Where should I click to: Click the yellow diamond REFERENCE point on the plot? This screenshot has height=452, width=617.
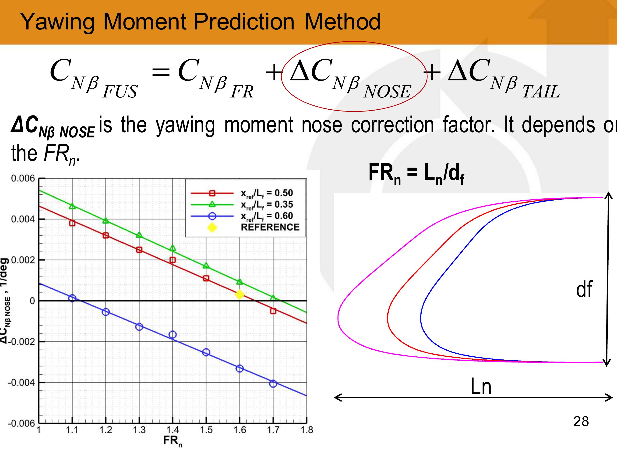(239, 295)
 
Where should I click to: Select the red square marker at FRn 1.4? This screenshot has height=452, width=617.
(173, 260)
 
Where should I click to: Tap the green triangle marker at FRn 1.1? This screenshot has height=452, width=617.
(72, 206)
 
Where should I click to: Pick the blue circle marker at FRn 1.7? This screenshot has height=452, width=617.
(273, 384)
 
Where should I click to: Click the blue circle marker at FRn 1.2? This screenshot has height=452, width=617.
(106, 312)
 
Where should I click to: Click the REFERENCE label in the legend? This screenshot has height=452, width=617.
(270, 227)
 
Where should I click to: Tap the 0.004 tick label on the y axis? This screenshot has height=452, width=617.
(23, 219)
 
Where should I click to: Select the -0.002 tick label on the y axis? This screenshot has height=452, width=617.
(21, 342)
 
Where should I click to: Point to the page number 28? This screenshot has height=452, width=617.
(581, 422)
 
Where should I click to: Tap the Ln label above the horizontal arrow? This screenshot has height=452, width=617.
(481, 387)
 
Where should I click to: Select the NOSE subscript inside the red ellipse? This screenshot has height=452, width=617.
(387, 91)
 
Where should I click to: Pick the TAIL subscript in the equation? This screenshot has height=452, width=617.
(541, 91)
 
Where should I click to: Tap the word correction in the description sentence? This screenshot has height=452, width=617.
(392, 125)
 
